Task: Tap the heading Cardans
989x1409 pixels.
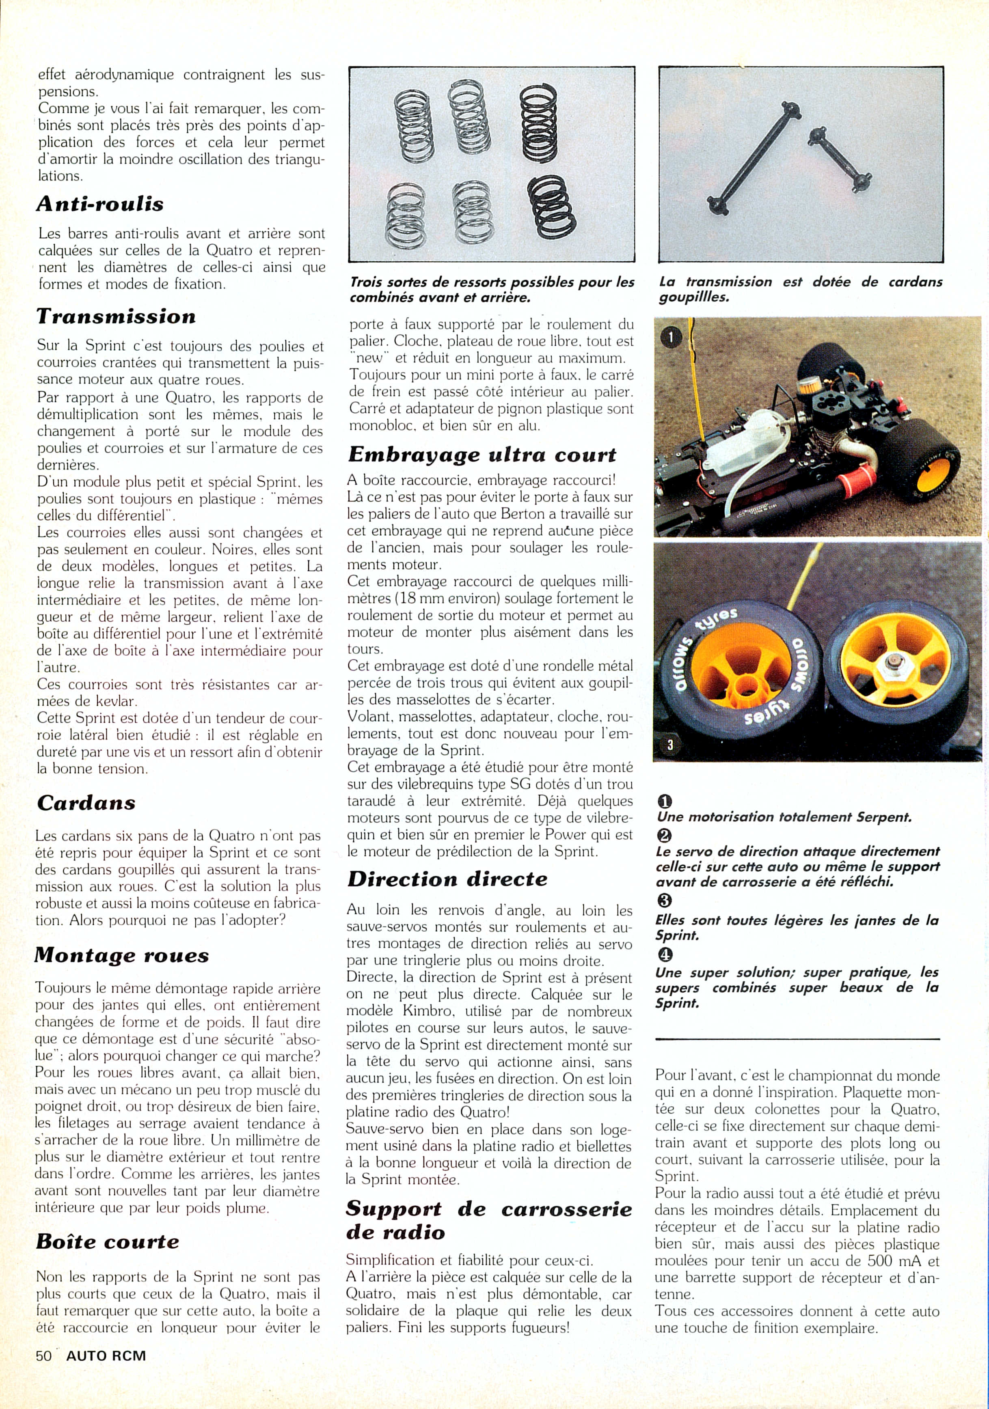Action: [86, 803]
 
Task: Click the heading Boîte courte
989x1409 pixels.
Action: [108, 1224]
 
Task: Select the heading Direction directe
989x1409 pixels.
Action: [447, 879]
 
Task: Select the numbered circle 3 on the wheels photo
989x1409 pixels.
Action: [670, 745]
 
